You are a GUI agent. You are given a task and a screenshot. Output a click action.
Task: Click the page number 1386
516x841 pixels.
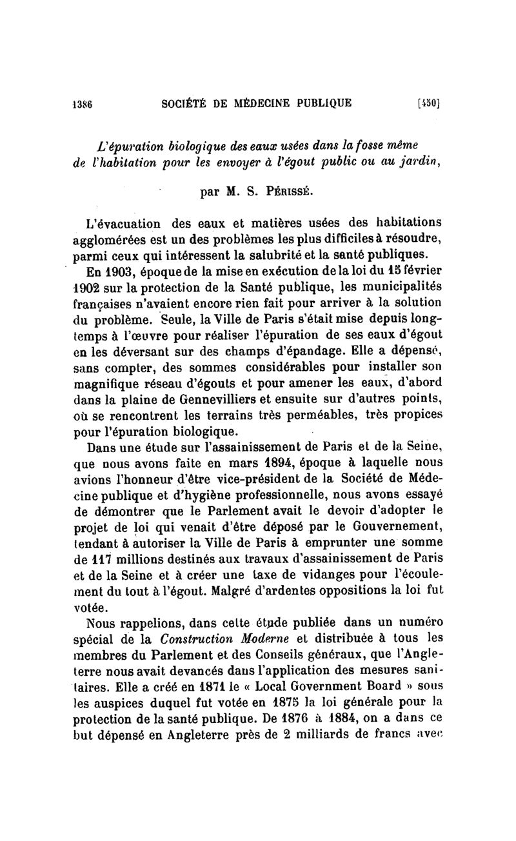[x=83, y=103]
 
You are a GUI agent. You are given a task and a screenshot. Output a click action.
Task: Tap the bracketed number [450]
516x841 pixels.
[x=428, y=103]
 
